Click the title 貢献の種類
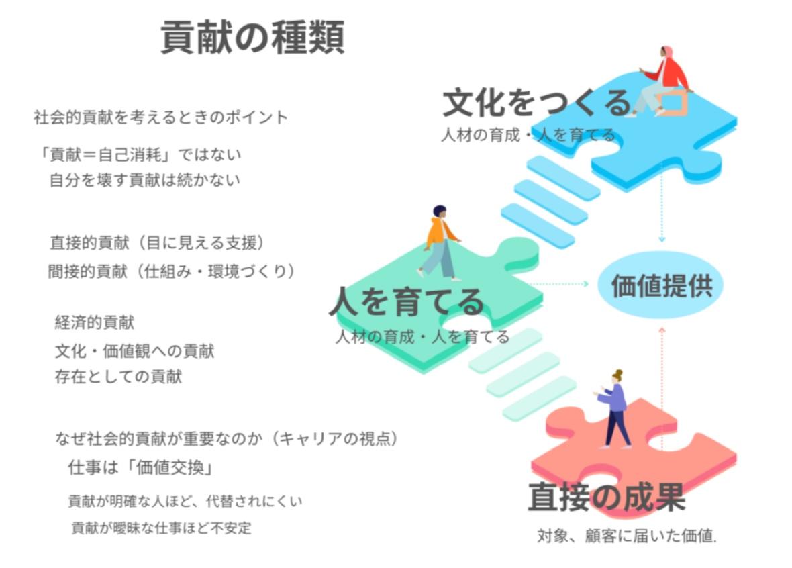click(x=252, y=38)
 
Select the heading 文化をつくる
click(x=537, y=103)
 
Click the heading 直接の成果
click(x=606, y=498)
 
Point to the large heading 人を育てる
click(x=406, y=301)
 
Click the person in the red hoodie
click(x=664, y=81)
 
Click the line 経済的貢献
click(x=95, y=322)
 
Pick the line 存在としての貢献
click(x=118, y=376)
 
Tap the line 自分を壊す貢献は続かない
click(x=144, y=180)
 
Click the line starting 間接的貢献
click(x=171, y=271)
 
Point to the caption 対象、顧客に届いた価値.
click(x=627, y=536)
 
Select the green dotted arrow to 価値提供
click(x=560, y=284)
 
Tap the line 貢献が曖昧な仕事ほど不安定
click(x=161, y=528)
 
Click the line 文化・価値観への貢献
click(x=134, y=350)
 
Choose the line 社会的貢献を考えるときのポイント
click(x=160, y=117)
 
